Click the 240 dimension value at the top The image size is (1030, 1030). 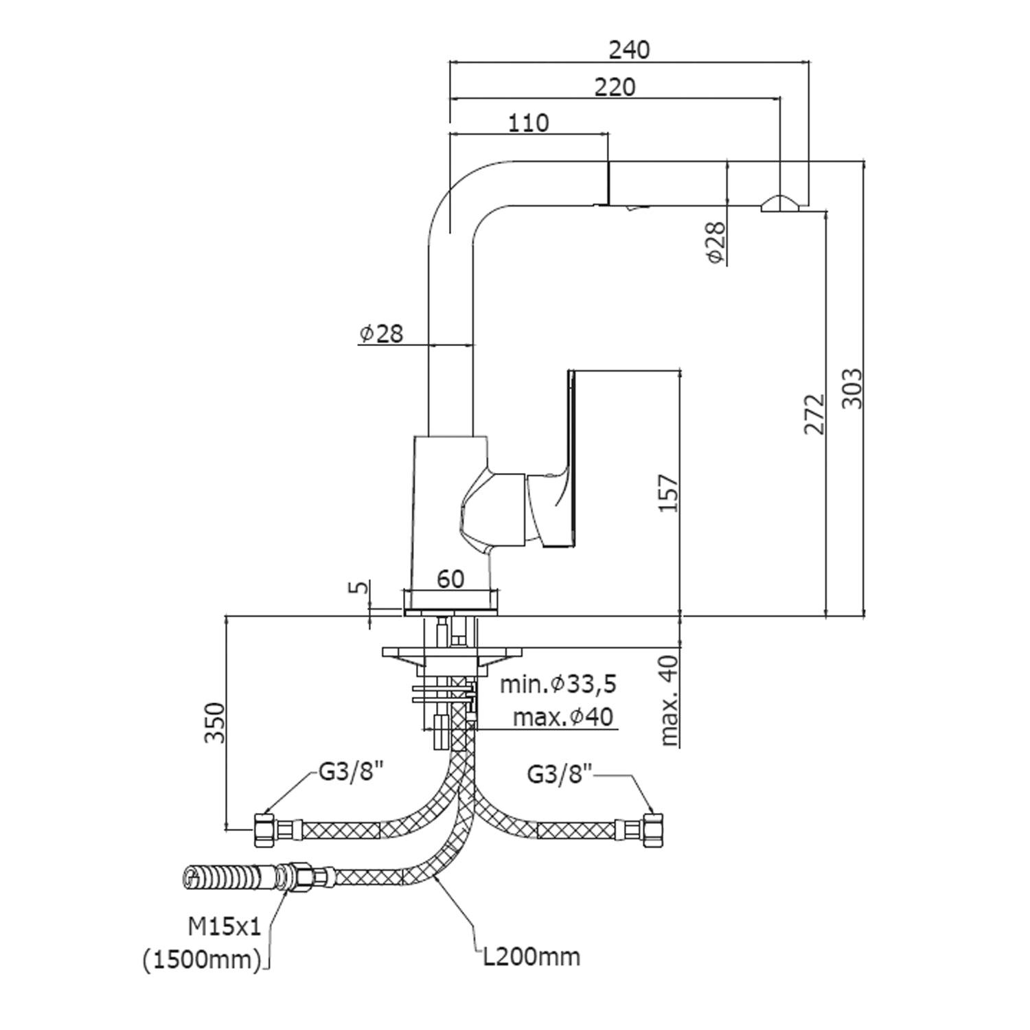click(629, 49)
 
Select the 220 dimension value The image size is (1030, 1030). click(615, 87)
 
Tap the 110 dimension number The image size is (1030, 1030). click(529, 123)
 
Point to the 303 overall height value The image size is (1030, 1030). click(851, 389)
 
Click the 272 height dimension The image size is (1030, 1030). click(814, 414)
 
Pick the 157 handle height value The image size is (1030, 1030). click(669, 492)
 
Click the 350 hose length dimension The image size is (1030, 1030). click(216, 722)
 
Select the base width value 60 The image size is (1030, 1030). click(450, 579)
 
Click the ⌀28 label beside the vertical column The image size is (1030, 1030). click(381, 334)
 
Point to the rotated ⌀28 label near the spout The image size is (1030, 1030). click(716, 242)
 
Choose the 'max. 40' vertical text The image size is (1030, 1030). click(669, 700)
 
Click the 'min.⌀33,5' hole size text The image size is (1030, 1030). click(558, 684)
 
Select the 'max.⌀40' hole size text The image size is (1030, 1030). click(563, 718)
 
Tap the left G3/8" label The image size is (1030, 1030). click(350, 774)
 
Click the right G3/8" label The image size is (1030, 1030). click(560, 775)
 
